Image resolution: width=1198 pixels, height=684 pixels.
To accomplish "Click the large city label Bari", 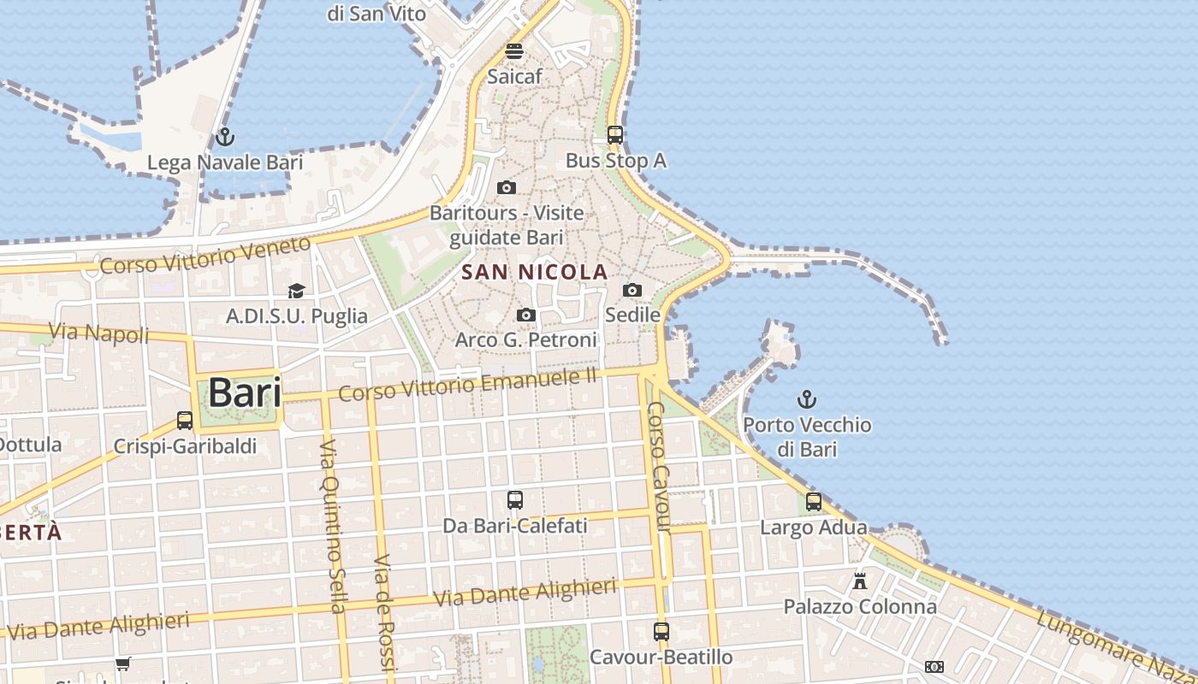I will click(x=244, y=393).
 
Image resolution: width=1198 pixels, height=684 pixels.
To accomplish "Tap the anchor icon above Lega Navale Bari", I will click(x=225, y=137).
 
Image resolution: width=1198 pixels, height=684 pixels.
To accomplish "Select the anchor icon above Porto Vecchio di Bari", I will click(x=806, y=399).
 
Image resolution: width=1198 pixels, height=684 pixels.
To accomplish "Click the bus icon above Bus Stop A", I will click(x=615, y=134).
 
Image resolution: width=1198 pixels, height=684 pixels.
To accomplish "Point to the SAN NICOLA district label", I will click(x=535, y=273).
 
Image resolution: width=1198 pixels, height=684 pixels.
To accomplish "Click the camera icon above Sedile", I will click(x=632, y=291).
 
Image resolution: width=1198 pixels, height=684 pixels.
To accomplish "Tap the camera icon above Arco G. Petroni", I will click(x=526, y=315).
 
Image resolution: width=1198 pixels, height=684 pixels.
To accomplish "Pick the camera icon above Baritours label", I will click(x=507, y=188).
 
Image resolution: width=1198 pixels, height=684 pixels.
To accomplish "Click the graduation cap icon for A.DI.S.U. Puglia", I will click(x=296, y=292).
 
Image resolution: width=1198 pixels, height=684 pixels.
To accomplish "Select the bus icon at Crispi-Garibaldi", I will click(x=185, y=421).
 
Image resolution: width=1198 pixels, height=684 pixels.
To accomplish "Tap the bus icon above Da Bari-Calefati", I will click(x=514, y=500).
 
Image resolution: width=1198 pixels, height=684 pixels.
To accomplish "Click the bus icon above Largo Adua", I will click(x=814, y=502).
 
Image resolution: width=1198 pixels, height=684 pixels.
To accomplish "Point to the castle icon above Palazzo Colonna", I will click(x=860, y=581).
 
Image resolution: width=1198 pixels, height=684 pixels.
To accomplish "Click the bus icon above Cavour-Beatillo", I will click(x=661, y=632).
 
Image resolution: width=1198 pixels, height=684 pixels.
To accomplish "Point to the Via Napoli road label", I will click(x=98, y=333).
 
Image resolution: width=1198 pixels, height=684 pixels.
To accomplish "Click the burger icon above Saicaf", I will click(x=514, y=51).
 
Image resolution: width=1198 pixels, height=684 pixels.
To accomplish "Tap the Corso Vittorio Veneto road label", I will click(x=205, y=256).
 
